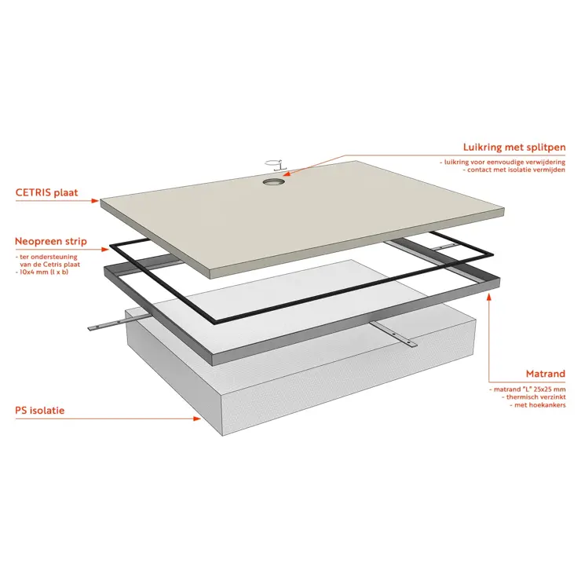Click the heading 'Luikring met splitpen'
(514, 148)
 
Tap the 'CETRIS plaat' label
(46, 192)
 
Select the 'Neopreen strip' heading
(51, 241)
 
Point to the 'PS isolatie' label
(39, 411)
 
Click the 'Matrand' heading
(546, 374)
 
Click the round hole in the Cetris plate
(274, 181)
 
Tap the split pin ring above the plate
(276, 164)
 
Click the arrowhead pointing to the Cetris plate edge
(94, 201)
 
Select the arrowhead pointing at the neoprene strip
(105, 250)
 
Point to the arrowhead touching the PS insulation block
(197, 418)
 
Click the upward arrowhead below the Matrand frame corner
(489, 297)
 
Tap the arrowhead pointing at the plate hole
(288, 172)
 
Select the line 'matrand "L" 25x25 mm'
(527, 389)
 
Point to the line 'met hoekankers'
(537, 405)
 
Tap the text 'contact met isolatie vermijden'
(514, 170)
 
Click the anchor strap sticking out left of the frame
(119, 323)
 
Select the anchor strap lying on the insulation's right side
(393, 334)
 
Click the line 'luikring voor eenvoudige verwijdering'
(502, 162)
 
